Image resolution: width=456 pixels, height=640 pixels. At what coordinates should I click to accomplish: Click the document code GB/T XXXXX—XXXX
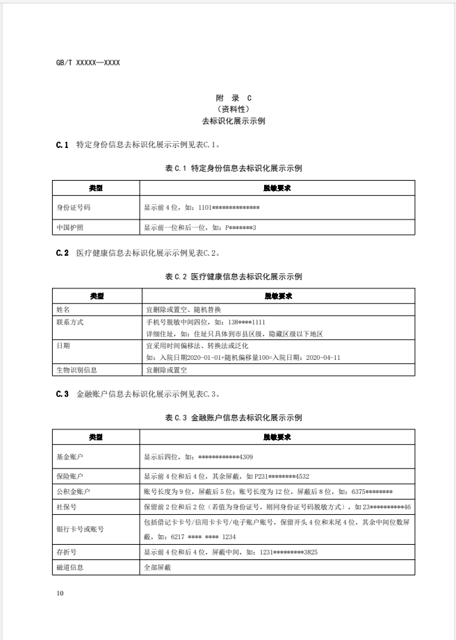(88, 63)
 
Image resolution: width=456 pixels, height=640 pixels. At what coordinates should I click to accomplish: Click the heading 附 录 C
(228, 99)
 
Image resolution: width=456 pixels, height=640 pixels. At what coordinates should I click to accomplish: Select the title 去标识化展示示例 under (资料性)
(228, 121)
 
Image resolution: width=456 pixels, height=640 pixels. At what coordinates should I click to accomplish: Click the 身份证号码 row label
(74, 207)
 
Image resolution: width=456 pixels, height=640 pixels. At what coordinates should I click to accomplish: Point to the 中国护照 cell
(70, 227)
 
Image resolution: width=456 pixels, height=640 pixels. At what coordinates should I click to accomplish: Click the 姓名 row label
(63, 309)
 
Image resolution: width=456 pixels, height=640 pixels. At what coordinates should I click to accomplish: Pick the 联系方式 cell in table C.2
(70, 322)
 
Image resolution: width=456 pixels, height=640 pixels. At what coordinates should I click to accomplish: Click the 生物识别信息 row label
(76, 370)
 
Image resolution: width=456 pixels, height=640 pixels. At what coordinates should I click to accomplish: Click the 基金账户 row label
(70, 457)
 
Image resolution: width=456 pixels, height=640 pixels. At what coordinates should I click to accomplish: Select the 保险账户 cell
(70, 477)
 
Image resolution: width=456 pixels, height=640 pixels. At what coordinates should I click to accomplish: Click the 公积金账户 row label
(73, 491)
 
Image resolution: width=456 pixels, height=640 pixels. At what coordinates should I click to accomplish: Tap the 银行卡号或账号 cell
(80, 529)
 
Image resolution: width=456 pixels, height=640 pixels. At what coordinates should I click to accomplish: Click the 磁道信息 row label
(70, 567)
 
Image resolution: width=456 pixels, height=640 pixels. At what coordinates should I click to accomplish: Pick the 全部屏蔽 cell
(157, 567)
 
